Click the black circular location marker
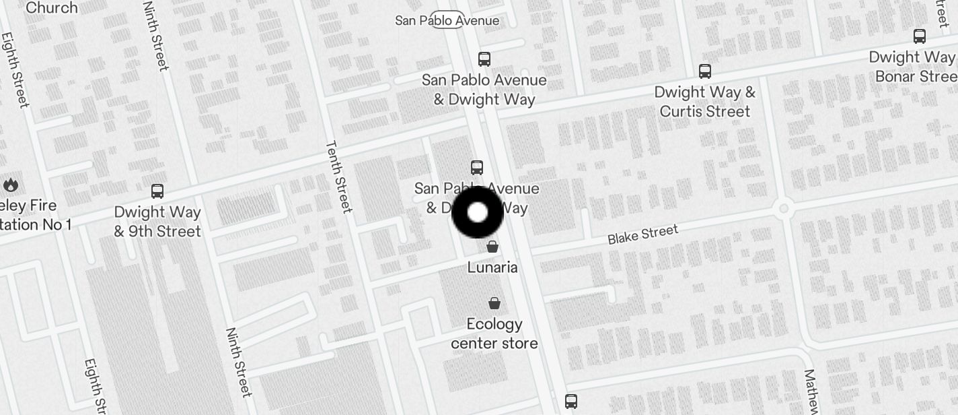(477, 212)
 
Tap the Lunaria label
(492, 267)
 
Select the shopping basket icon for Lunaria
(492, 247)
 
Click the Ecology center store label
(494, 333)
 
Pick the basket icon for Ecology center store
(494, 303)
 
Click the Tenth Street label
(338, 176)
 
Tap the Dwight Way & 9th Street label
(157, 221)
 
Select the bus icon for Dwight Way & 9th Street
(157, 191)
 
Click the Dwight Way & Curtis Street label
(704, 101)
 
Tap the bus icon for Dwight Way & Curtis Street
(705, 71)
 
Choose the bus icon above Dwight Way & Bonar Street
(920, 36)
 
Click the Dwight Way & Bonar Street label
(913, 66)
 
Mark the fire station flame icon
(10, 184)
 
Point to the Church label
(51, 7)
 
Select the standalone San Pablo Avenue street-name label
(447, 20)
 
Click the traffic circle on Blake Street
(782, 207)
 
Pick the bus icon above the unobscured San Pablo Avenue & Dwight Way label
(484, 59)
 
